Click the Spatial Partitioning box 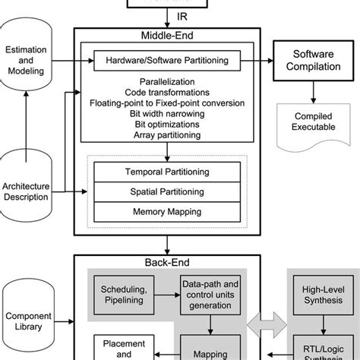(x=164, y=192)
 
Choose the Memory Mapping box (x=164, y=213)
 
